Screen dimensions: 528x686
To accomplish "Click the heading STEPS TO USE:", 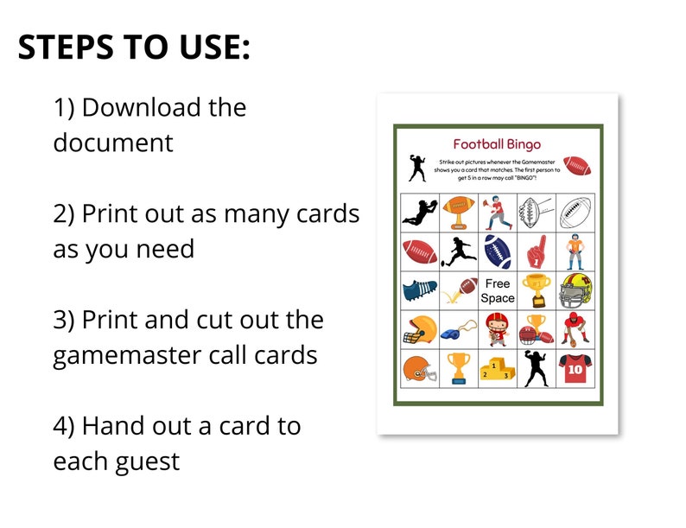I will (x=134, y=48).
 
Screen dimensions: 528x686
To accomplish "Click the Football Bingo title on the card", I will (x=497, y=144).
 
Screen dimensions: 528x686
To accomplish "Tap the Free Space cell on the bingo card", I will (x=498, y=290).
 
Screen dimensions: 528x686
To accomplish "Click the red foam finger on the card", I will (x=537, y=251).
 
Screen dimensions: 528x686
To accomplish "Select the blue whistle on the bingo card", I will (x=458, y=330).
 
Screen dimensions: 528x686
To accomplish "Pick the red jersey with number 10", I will (x=575, y=369).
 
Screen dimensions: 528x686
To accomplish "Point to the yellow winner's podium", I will (x=498, y=369).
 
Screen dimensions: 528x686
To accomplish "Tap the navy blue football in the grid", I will (x=498, y=251).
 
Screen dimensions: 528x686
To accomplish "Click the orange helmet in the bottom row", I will (x=418, y=369).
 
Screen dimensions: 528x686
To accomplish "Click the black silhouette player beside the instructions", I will (x=417, y=168).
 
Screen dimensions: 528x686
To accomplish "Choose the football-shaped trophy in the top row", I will (x=458, y=210).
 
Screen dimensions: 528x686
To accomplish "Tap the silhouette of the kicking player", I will (x=458, y=251).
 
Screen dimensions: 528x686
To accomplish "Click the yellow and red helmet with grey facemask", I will (x=575, y=290).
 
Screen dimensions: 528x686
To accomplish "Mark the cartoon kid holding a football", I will (x=498, y=330).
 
